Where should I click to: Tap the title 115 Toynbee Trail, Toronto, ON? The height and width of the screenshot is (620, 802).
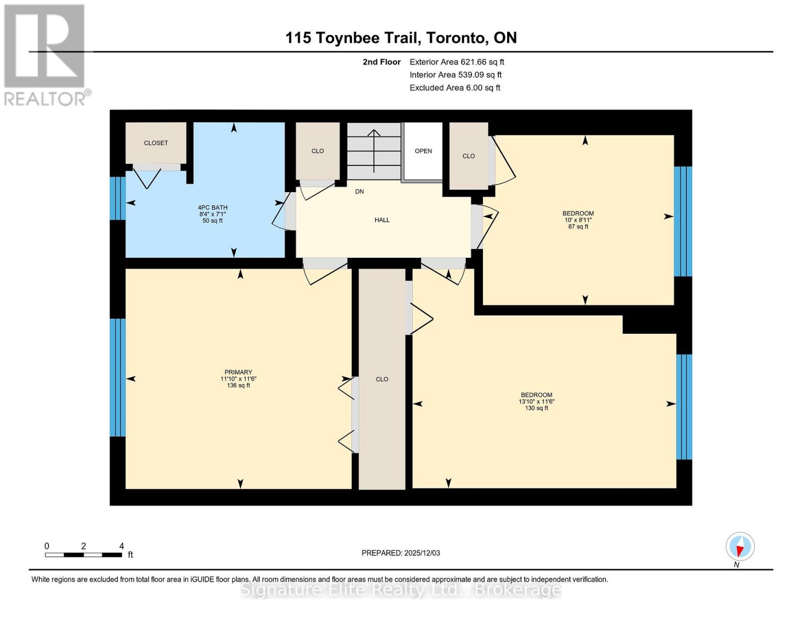pyautogui.click(x=401, y=38)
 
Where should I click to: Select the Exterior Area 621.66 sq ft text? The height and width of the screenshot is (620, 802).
pyautogui.click(x=457, y=62)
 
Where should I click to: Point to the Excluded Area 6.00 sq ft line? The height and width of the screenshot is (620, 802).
pyautogui.click(x=454, y=88)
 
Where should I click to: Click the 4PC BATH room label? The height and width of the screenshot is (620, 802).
pyautogui.click(x=213, y=208)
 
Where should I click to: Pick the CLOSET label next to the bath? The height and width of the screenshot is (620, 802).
pyautogui.click(x=156, y=143)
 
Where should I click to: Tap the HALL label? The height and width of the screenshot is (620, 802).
pyautogui.click(x=382, y=220)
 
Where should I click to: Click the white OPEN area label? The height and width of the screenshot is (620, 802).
pyautogui.click(x=423, y=151)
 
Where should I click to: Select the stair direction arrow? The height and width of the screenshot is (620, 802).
pyautogui.click(x=374, y=151)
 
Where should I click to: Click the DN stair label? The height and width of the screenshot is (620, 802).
pyautogui.click(x=359, y=191)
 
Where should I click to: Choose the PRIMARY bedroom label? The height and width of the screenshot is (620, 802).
pyautogui.click(x=238, y=372)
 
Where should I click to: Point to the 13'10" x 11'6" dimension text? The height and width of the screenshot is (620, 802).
pyautogui.click(x=536, y=402)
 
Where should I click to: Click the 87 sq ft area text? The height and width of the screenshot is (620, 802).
pyautogui.click(x=578, y=227)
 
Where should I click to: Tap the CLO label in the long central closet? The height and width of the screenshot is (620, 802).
pyautogui.click(x=382, y=379)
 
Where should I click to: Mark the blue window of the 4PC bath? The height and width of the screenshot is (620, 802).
pyautogui.click(x=118, y=198)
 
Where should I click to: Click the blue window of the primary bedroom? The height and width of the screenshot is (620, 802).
pyautogui.click(x=118, y=377)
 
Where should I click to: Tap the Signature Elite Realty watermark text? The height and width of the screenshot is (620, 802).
pyautogui.click(x=400, y=590)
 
